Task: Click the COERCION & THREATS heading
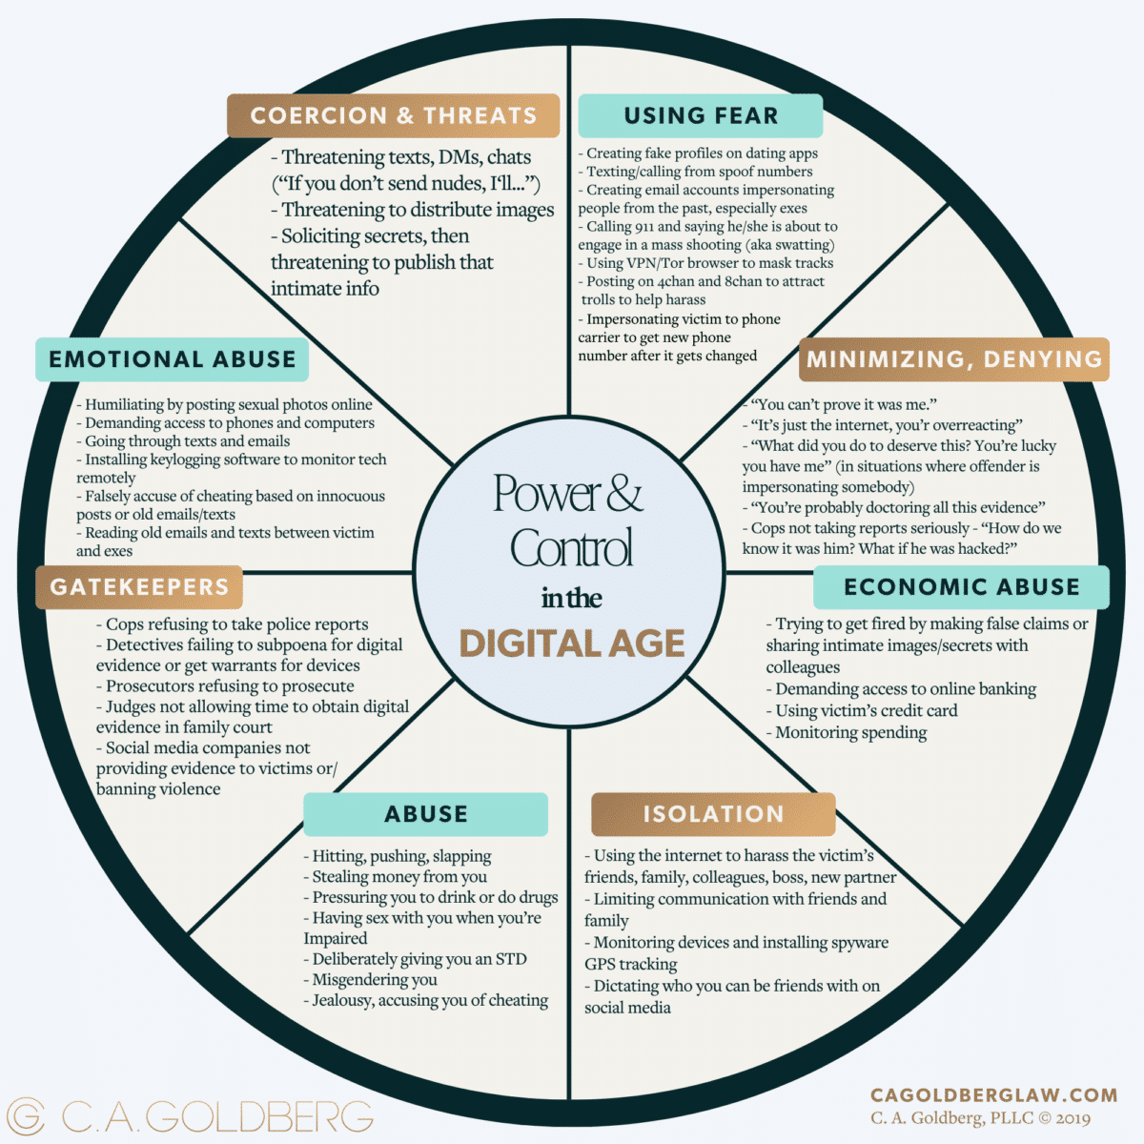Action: [x=393, y=115]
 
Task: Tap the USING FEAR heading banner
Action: [x=701, y=115]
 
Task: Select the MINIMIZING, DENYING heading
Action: [x=954, y=359]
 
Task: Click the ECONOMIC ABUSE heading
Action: [x=961, y=586]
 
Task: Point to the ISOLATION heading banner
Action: [x=713, y=814]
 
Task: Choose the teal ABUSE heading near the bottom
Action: [x=426, y=814]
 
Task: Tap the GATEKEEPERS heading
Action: [x=139, y=586]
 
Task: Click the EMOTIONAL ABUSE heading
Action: [x=173, y=359]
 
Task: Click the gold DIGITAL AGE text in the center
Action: [x=572, y=643]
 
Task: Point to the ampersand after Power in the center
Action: [x=624, y=493]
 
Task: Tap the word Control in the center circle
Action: [x=571, y=548]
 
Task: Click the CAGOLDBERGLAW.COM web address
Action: [x=993, y=1095]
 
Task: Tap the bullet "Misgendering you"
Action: [x=374, y=980]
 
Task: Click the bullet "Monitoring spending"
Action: [x=850, y=732]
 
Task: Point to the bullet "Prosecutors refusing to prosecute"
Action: [x=229, y=686]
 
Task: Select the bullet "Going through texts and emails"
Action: [x=187, y=441]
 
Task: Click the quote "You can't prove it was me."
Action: [x=844, y=404]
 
